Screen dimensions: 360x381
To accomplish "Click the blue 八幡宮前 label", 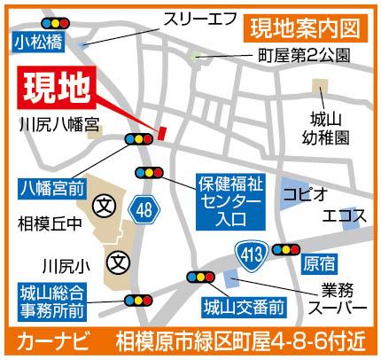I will [x=52, y=187].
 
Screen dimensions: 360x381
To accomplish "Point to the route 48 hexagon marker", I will [x=143, y=209].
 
